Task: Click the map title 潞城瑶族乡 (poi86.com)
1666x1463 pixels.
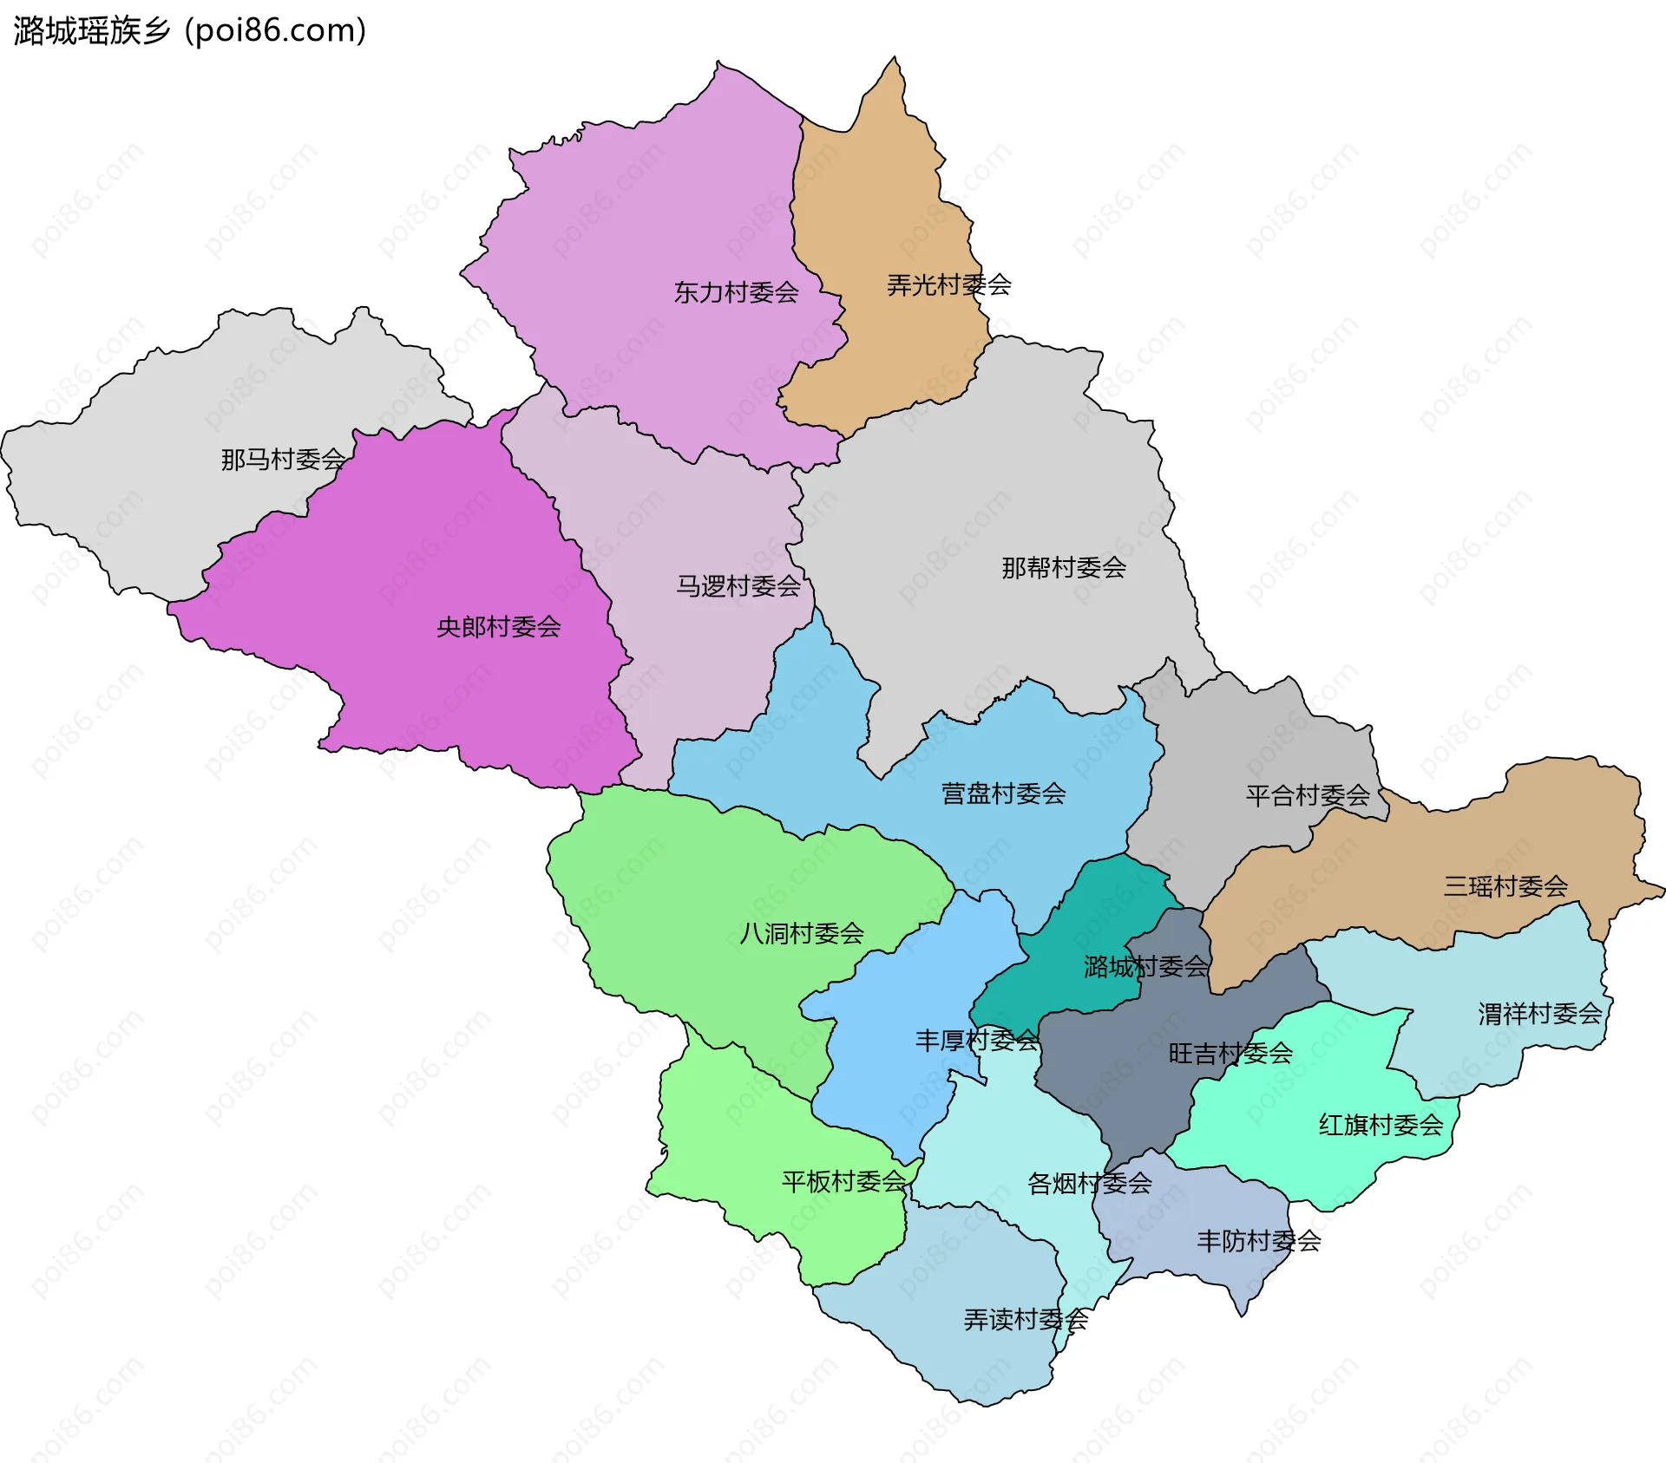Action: (189, 30)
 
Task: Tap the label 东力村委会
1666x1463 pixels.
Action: (736, 292)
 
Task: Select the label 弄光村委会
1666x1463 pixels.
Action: (948, 284)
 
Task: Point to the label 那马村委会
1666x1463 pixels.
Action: (283, 459)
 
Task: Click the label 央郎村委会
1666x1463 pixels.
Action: (498, 626)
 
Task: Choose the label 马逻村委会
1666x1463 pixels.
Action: (738, 586)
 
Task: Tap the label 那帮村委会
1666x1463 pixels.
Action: (1064, 567)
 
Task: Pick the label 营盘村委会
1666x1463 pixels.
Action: (1003, 793)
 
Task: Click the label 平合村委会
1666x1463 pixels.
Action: (1308, 795)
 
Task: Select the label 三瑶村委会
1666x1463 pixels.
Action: (1505, 885)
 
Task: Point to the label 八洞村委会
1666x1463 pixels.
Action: (801, 933)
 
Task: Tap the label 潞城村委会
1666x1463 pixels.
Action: (1145, 966)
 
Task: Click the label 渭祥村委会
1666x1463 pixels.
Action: (1540, 1013)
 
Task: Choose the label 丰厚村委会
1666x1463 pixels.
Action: (977, 1040)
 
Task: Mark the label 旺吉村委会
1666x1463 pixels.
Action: (1230, 1053)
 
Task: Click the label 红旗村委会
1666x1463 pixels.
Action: (1381, 1125)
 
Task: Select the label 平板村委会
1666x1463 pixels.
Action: (843, 1181)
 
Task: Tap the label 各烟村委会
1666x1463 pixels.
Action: (1089, 1183)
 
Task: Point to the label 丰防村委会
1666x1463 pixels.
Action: (1258, 1241)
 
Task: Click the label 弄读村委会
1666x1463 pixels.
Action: (1026, 1319)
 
